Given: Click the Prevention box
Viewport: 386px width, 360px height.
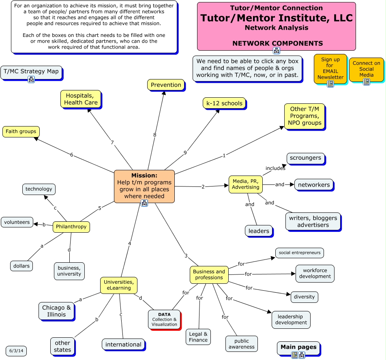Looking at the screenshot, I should [166, 85].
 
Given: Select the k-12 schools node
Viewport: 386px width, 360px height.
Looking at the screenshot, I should [224, 103].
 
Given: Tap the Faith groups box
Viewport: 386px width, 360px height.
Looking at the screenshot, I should [21, 131].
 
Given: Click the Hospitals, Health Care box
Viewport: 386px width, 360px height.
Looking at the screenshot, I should [81, 99].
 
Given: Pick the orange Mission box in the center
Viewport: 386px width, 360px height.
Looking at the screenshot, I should [144, 186].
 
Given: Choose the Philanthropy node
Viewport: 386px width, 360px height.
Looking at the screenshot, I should [71, 227].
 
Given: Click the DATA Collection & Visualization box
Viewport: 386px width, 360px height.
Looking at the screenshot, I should [164, 319].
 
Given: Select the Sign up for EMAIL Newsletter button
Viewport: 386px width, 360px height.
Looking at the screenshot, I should [330, 68].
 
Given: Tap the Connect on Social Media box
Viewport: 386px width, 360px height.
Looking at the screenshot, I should [366, 69].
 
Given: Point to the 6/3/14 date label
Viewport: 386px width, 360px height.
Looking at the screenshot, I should [16, 351].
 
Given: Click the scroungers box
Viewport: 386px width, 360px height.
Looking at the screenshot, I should [306, 158].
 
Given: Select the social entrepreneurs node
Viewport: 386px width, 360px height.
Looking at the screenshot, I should [300, 253].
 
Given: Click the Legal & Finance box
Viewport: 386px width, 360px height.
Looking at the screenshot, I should [198, 337].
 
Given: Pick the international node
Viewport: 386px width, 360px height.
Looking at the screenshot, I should [123, 344].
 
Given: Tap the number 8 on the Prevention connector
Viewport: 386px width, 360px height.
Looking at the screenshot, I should [154, 135].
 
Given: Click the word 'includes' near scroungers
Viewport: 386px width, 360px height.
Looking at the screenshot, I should [275, 168].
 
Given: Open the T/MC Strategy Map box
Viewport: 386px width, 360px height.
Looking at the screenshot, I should [31, 72].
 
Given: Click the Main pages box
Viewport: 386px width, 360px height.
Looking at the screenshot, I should [298, 347].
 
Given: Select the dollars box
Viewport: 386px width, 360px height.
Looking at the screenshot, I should [21, 266].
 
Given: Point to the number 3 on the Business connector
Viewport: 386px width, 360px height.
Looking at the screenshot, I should [186, 256].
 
